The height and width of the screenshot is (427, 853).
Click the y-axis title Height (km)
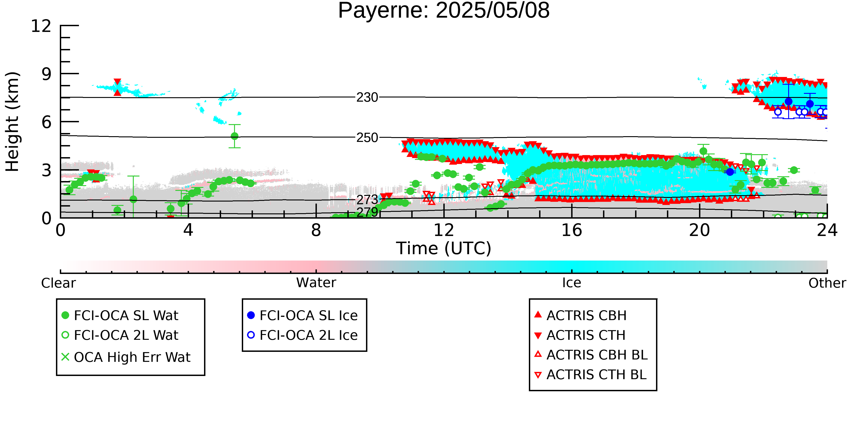[12, 122]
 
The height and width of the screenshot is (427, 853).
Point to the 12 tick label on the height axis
[41, 26]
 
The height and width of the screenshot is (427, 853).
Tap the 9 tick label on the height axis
[47, 74]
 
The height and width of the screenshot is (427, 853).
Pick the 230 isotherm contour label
[367, 97]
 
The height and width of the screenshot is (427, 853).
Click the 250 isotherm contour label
[367, 138]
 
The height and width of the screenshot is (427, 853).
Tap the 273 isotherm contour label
[367, 199]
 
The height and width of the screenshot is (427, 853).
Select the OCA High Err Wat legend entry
[126, 357]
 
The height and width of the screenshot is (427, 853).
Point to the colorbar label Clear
[58, 283]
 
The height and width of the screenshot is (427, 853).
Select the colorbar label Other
[827, 283]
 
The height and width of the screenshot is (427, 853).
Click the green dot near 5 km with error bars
[235, 136]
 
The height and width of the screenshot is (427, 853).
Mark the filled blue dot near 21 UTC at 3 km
[730, 172]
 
